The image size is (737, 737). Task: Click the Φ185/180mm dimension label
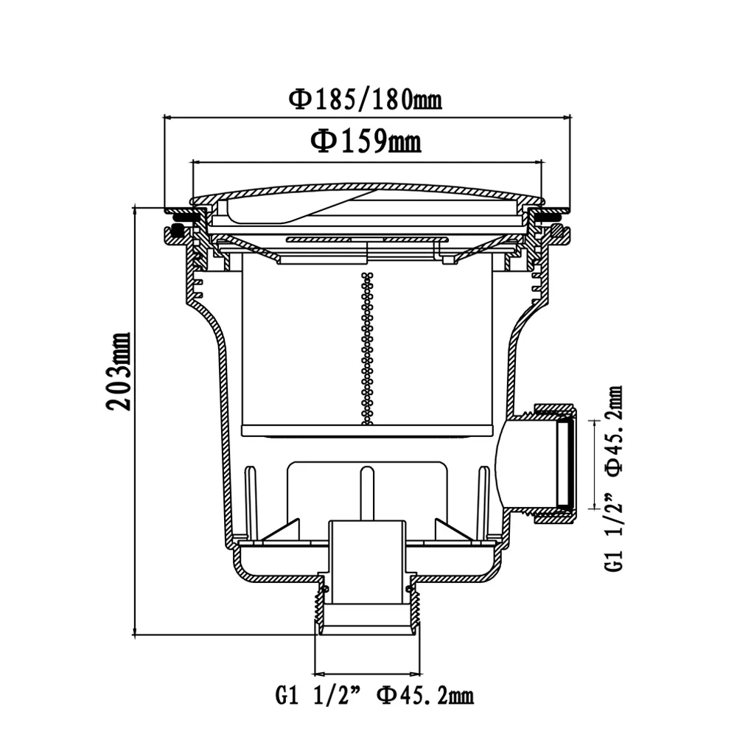pyautogui.click(x=366, y=99)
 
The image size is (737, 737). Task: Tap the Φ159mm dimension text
pyautogui.click(x=366, y=141)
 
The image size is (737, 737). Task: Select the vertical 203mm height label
pyautogui.click(x=119, y=371)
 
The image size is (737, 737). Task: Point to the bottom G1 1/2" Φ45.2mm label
pyautogui.click(x=374, y=695)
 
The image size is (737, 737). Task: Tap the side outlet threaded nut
pyautogui.click(x=556, y=463)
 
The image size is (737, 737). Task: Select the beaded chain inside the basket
pyautogui.click(x=367, y=349)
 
